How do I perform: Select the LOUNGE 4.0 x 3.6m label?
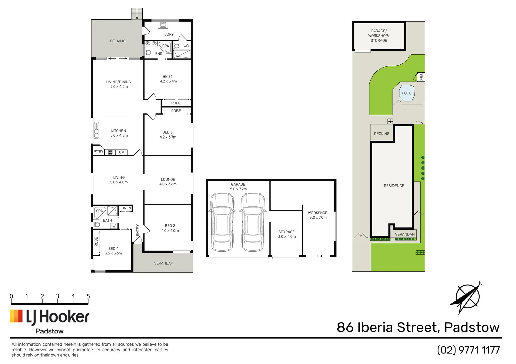168,182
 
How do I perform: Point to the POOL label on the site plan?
406,93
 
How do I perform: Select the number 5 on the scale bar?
88,296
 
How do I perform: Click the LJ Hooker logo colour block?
16,316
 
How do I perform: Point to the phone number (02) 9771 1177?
468,350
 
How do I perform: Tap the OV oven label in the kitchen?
121,152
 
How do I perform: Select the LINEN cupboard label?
126,208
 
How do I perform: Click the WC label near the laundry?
186,46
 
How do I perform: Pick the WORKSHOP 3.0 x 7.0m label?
318,215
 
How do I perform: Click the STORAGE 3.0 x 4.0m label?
287,234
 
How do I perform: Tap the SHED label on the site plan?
421,77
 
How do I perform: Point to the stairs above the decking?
137,14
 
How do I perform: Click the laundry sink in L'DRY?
163,25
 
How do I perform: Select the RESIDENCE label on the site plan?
394,186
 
